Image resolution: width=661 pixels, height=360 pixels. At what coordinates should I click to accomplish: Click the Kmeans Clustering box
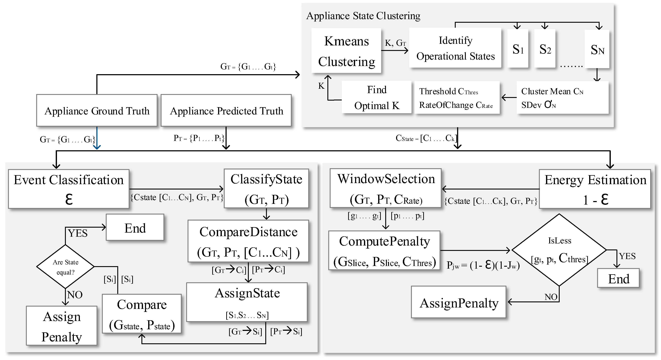point(346,51)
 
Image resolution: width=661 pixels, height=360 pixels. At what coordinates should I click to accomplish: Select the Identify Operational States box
point(455,48)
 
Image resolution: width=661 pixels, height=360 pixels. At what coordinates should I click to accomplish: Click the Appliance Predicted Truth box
point(226,111)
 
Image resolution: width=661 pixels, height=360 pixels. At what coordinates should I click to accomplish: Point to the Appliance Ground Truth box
point(97,111)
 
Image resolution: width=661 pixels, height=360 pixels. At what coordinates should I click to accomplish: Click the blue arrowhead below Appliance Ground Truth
point(97,147)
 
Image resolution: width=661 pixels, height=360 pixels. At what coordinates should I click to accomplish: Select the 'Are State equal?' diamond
point(65,267)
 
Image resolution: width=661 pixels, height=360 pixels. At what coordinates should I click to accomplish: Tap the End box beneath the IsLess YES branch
point(618,278)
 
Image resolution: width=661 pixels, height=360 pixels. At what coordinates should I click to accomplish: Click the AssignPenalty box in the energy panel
point(459,303)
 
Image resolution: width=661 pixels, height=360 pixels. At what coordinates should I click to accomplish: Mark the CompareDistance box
point(248,241)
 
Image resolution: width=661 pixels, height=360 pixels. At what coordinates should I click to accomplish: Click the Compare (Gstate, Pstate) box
point(142,314)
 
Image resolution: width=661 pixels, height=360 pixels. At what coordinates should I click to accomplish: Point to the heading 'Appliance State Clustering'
point(363,16)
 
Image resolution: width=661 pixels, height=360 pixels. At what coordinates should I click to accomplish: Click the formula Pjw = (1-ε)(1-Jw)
point(483,265)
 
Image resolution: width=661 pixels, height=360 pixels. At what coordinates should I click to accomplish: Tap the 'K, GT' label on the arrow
point(395,43)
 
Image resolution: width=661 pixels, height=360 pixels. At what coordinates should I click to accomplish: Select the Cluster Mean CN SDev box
point(562,98)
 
